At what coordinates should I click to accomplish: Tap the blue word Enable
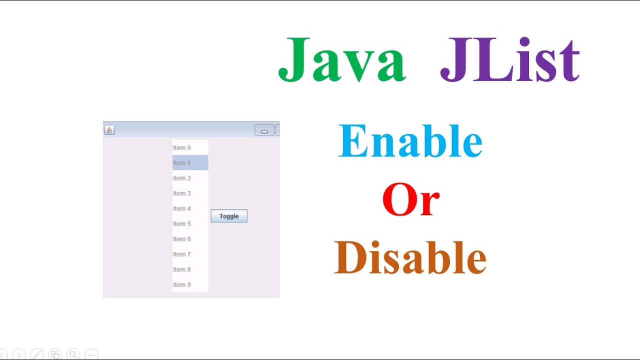[x=410, y=141]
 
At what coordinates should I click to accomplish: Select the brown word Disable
[x=410, y=257]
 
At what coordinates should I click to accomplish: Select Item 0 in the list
[x=182, y=147]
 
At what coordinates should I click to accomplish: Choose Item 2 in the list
[x=182, y=178]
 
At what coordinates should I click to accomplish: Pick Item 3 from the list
[x=182, y=193]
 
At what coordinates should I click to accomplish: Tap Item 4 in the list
[x=182, y=208]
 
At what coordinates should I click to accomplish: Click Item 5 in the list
[x=182, y=224]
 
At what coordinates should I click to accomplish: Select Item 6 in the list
[x=182, y=239]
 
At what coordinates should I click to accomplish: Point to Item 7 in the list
[x=182, y=254]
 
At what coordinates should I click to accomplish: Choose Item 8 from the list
[x=182, y=269]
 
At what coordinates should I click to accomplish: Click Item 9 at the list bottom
[x=182, y=285]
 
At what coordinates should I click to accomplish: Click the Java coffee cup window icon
[x=109, y=130]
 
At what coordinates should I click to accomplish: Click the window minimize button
[x=264, y=130]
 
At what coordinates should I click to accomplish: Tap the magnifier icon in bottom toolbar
[x=73, y=354]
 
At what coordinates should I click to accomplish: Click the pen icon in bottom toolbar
[x=37, y=354]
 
